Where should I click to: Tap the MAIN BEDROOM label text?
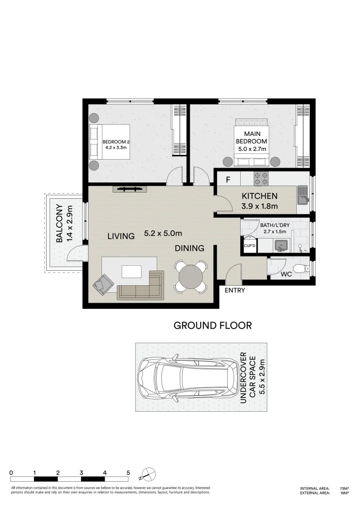(x=251, y=138)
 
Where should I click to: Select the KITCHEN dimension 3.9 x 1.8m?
(x=260, y=206)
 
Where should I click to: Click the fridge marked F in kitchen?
(x=228, y=179)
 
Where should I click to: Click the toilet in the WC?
(x=300, y=270)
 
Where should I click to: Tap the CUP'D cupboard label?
(x=249, y=246)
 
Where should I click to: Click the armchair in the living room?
(x=103, y=284)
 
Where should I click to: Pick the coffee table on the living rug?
(x=131, y=271)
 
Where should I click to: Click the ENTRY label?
(x=234, y=290)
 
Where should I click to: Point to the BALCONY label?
(x=60, y=223)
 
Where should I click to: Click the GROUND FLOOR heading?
(x=212, y=325)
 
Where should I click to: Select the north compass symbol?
(x=149, y=474)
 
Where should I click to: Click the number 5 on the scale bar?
(x=128, y=472)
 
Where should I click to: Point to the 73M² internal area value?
(x=344, y=488)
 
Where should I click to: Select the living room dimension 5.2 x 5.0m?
(x=163, y=233)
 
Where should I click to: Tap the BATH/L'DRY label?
(x=275, y=225)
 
